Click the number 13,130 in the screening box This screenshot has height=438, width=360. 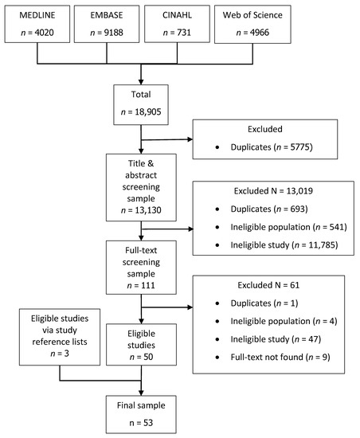coord(140,209)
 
